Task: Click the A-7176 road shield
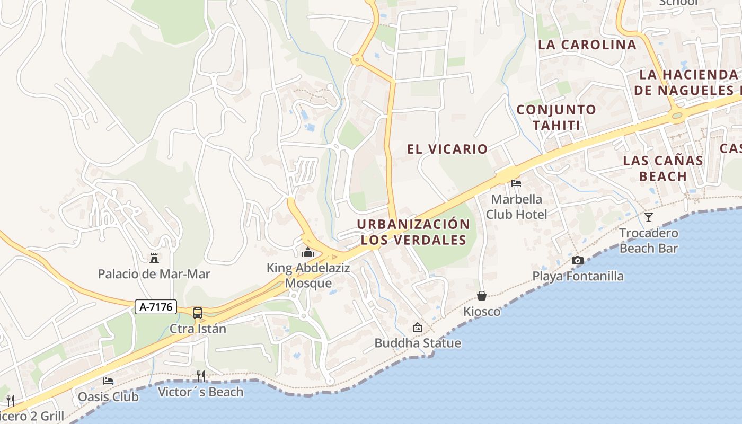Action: click(155, 307)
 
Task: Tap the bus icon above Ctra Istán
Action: click(198, 313)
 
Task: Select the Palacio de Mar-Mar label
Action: click(154, 274)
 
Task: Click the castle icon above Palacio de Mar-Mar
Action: click(154, 258)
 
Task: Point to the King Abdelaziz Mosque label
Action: click(308, 276)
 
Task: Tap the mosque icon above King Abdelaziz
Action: click(308, 252)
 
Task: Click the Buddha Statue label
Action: click(418, 343)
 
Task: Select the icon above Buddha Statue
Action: click(418, 328)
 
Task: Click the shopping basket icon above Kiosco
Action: click(482, 296)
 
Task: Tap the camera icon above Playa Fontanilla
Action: click(578, 260)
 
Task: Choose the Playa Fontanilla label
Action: click(578, 276)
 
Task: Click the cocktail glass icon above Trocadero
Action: click(649, 217)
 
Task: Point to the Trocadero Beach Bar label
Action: click(649, 240)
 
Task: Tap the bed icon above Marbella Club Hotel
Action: click(516, 183)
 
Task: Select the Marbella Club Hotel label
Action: click(516, 207)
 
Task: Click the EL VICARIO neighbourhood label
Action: click(447, 149)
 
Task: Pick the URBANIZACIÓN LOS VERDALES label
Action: click(413, 232)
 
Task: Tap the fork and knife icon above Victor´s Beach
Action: click(200, 376)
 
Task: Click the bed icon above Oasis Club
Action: click(108, 381)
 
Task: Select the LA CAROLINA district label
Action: click(587, 45)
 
